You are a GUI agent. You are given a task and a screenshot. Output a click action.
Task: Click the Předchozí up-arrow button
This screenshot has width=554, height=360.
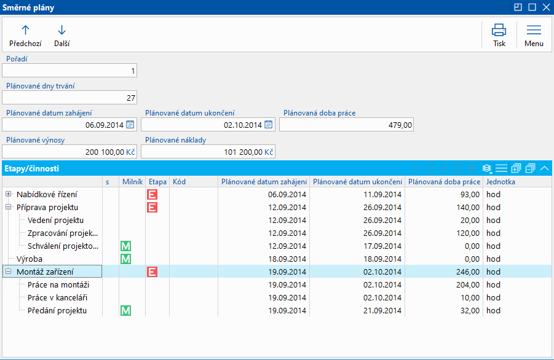[25, 35]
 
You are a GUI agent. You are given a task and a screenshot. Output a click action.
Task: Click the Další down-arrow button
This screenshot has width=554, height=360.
[61, 35]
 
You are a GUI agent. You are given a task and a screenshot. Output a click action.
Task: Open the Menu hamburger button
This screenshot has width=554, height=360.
[534, 35]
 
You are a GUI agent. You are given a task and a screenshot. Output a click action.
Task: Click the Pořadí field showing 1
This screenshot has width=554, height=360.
[69, 71]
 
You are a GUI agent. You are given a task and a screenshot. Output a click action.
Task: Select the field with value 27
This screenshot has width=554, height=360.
[69, 98]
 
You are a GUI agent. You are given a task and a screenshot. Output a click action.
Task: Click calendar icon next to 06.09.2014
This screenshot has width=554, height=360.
[130, 125]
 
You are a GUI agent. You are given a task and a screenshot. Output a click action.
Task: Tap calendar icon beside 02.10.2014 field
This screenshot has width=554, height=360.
[268, 125]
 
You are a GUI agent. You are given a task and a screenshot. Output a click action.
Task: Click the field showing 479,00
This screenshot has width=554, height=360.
[346, 125]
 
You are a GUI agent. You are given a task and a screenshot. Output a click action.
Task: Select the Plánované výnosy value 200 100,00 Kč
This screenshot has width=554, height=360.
[69, 152]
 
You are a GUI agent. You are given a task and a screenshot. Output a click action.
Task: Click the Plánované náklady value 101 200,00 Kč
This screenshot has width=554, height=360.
[208, 152]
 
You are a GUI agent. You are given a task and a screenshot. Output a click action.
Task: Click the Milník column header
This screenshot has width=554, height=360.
[132, 182]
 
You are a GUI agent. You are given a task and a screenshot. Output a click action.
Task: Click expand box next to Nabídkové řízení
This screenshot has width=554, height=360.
[9, 194]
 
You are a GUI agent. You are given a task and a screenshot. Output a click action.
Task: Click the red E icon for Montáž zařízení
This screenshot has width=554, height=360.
[152, 272]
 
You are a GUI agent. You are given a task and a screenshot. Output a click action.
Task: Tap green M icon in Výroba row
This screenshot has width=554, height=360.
[125, 259]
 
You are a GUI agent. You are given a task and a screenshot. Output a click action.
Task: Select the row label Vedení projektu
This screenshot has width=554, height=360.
[55, 220]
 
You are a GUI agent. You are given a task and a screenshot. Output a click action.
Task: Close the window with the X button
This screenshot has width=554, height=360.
[545, 7]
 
